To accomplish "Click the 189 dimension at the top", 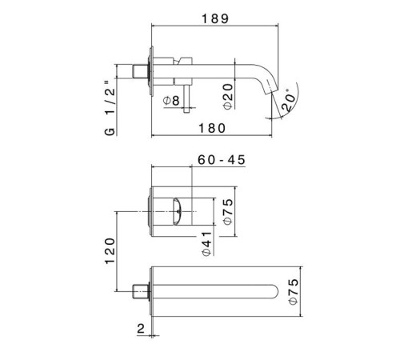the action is (x=215, y=19).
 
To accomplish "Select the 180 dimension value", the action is (x=212, y=128).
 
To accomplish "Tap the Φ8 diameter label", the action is (x=171, y=101).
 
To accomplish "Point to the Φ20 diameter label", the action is (x=228, y=96).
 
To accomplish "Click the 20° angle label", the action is (x=288, y=99).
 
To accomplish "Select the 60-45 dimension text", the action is (x=222, y=160).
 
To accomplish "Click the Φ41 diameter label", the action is (x=206, y=244).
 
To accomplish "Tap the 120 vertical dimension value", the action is (x=110, y=251).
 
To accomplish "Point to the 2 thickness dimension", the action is (x=141, y=328).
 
